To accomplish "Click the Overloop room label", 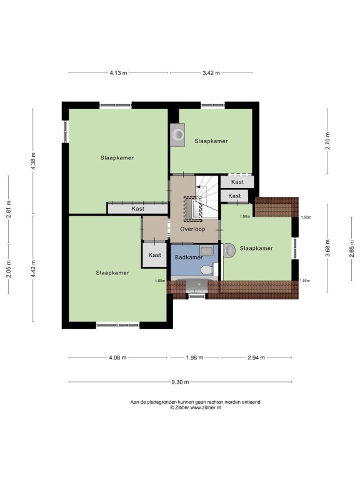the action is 192,229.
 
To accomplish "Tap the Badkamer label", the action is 189,257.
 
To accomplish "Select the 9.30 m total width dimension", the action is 180,382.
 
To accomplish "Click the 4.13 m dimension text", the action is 118,73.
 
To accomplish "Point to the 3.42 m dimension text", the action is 211,73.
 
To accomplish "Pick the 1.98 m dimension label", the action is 195,357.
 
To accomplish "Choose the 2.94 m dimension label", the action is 256,357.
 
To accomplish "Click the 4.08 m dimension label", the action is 118,357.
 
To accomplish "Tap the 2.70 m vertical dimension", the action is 327,141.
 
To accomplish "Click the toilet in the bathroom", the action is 207,270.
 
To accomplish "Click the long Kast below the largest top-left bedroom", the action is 137,209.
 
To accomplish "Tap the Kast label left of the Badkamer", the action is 154,255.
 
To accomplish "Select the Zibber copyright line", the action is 195,407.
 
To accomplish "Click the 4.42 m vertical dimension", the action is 33,269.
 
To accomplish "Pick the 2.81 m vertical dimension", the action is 9,209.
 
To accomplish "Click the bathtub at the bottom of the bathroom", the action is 197,284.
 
